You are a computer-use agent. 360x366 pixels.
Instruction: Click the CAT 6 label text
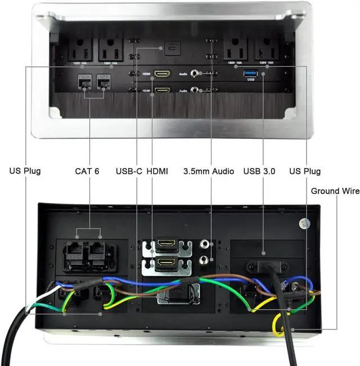[x=87, y=171]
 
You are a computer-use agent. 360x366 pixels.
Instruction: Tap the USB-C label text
[x=129, y=171]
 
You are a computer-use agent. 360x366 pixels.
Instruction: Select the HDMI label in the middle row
[x=157, y=171]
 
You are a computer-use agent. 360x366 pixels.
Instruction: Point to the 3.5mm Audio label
[x=209, y=171]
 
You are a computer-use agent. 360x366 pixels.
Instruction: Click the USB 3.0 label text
[x=259, y=171]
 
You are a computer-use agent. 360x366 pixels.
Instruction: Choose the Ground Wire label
[x=335, y=191]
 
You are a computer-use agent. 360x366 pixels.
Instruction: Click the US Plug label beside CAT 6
[x=25, y=171]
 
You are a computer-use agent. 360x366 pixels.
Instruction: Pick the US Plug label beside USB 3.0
[x=304, y=171]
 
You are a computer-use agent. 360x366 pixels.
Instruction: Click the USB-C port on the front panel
[x=170, y=48]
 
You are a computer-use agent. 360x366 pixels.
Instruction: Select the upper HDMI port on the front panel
[x=163, y=74]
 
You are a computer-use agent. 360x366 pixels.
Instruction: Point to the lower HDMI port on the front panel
[x=163, y=90]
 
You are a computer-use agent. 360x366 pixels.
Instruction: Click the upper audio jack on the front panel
[x=195, y=73]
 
